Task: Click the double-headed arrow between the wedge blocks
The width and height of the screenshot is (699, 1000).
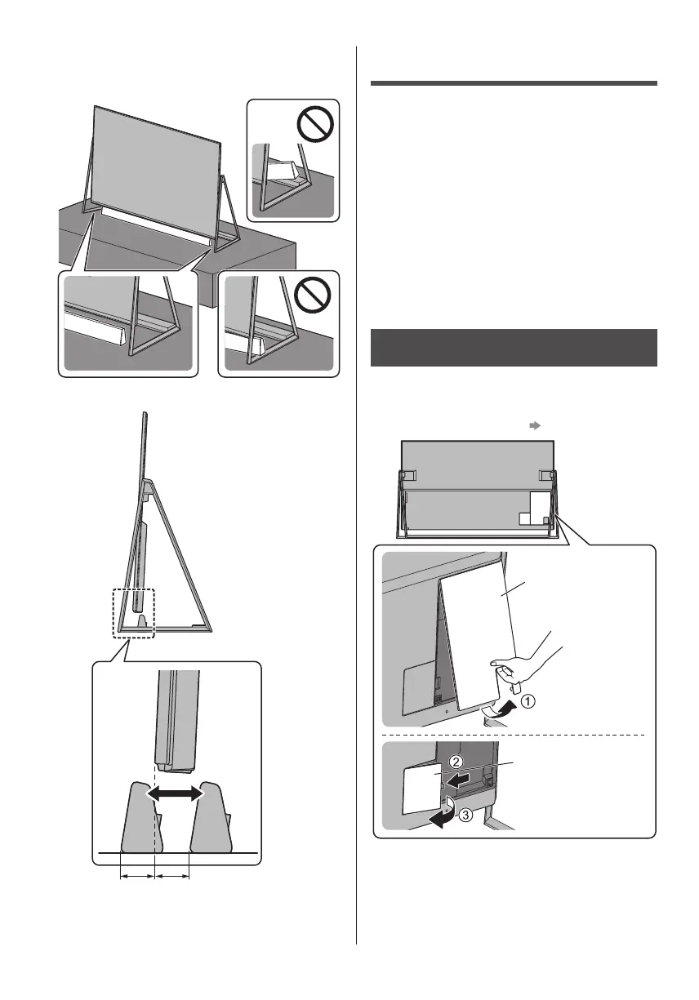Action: click(175, 793)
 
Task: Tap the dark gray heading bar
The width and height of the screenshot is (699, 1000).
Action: click(514, 349)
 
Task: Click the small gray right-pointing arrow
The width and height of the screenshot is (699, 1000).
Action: click(533, 425)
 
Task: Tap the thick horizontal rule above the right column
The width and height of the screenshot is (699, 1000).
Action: click(514, 82)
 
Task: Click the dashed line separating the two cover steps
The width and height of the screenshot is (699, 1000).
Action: click(514, 735)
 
